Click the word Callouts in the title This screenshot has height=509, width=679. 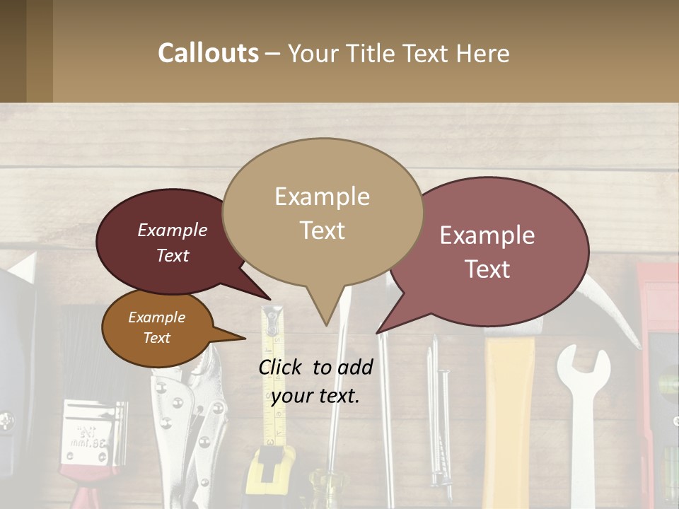[208, 53]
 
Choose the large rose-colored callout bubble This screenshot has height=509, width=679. [495, 251]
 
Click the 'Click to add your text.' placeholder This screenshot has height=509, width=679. [315, 381]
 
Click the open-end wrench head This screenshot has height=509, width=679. [583, 368]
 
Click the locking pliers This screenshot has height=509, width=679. [187, 424]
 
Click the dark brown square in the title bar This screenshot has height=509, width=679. [13, 52]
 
